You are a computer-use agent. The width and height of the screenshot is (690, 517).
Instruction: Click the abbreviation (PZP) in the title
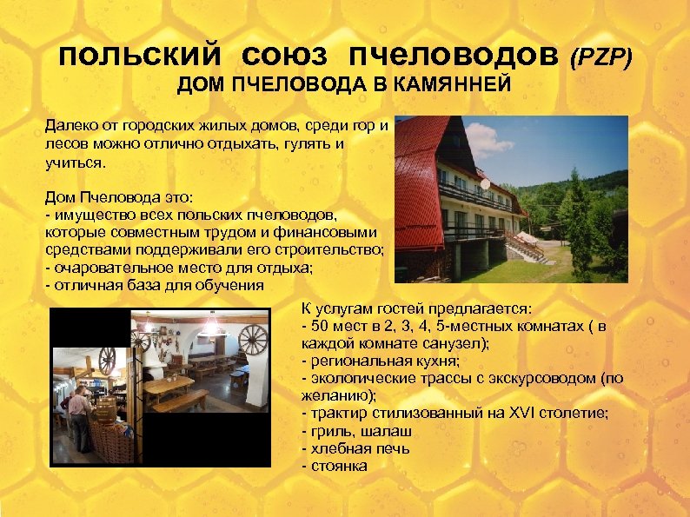tap(600, 58)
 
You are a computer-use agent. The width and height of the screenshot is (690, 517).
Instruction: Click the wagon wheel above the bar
tap(107, 358)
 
